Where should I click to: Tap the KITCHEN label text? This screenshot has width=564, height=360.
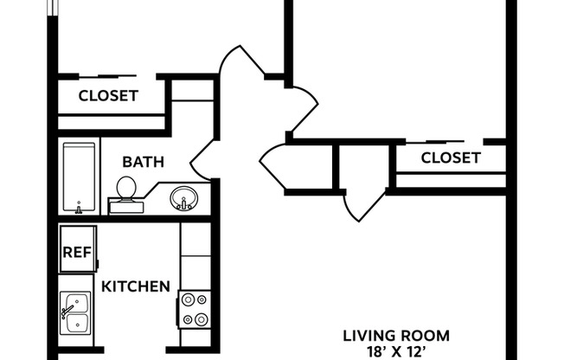tap(136, 286)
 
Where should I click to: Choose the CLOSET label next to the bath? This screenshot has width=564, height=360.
tap(108, 96)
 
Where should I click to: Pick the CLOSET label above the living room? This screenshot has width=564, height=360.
tap(450, 157)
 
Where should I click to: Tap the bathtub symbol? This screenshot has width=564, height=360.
tap(80, 177)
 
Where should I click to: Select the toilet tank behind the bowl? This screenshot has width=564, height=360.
tap(126, 205)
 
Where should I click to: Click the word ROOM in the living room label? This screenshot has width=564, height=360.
tap(428, 336)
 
